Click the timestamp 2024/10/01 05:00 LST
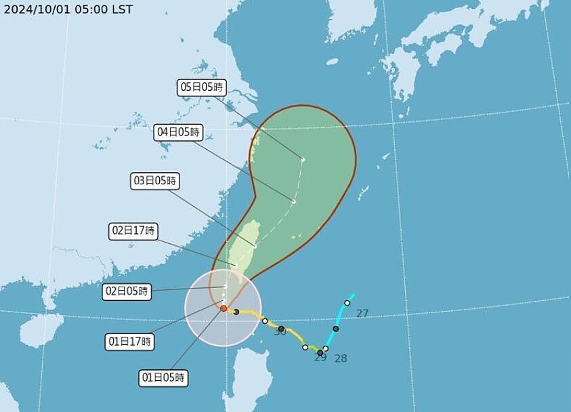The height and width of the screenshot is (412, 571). [67, 9]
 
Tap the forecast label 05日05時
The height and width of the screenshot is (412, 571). [201, 87]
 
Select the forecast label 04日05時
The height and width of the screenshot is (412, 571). [179, 133]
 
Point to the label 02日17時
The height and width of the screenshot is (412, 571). [133, 231]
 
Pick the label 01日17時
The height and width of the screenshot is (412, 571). [131, 342]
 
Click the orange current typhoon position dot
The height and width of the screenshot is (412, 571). [224, 308]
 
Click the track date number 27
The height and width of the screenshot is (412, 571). [362, 313]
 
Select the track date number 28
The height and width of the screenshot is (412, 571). [341, 358]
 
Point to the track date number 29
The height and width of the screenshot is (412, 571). [320, 358]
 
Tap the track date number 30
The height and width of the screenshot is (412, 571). [280, 332]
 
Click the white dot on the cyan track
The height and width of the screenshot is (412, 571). [347, 303]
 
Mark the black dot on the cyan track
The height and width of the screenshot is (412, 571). [336, 329]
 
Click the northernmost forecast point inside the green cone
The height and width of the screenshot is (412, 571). [303, 160]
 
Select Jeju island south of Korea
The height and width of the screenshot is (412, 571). [332, 61]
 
